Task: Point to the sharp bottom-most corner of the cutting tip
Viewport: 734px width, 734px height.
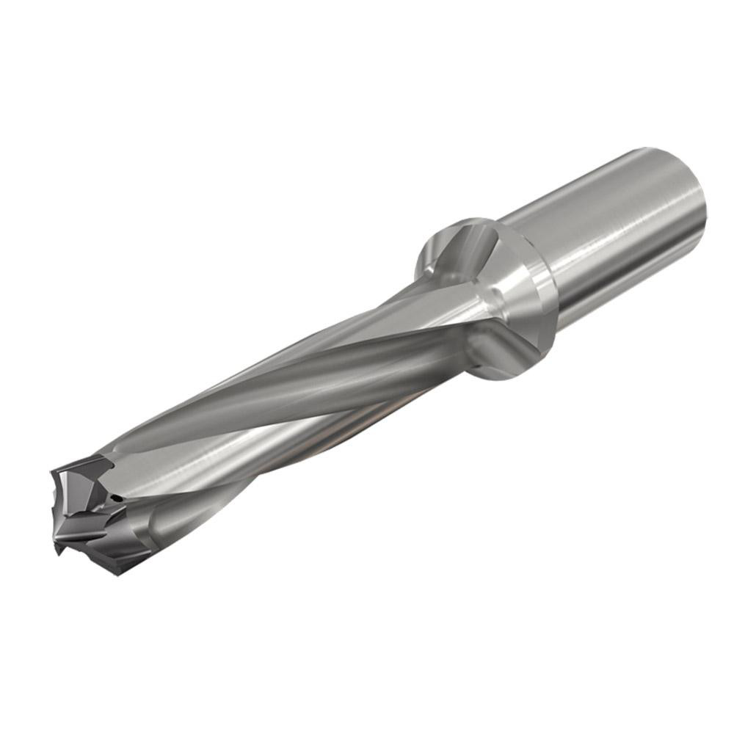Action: (x=57, y=550)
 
